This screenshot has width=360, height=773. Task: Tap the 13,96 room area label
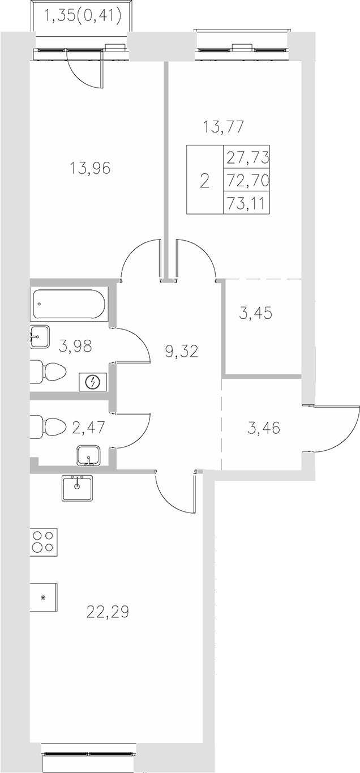(x=90, y=168)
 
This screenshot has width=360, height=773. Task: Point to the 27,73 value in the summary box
(x=247, y=157)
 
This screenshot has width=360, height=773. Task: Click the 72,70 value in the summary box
(x=247, y=181)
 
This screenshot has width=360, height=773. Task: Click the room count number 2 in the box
(x=204, y=181)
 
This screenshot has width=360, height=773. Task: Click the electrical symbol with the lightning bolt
(x=92, y=382)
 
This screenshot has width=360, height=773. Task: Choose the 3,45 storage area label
(x=255, y=313)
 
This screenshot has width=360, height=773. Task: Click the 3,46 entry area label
(x=263, y=427)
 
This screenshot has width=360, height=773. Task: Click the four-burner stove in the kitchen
(x=44, y=541)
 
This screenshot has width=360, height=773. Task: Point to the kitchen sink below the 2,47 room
(x=79, y=486)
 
